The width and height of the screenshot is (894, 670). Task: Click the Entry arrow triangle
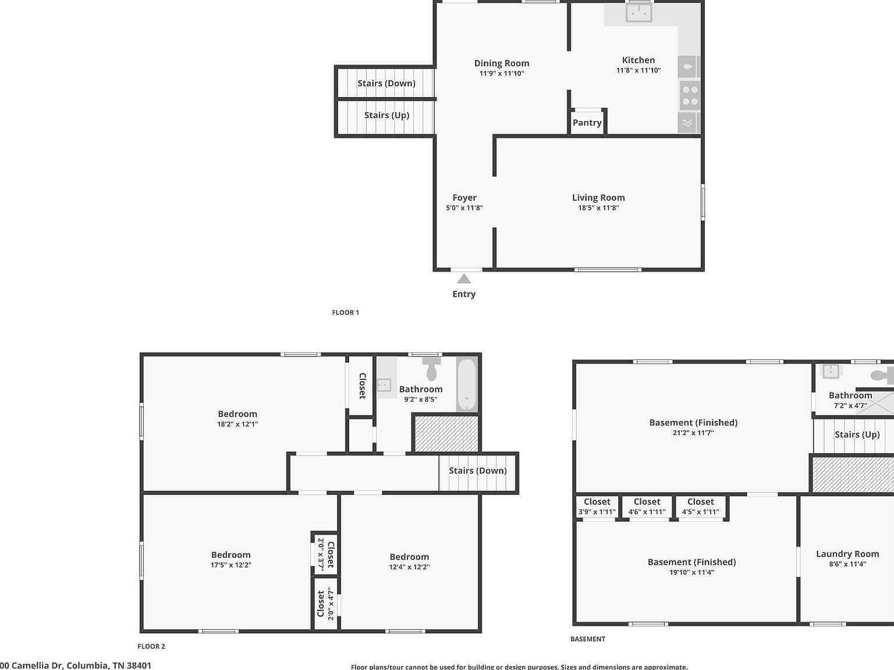[464, 279]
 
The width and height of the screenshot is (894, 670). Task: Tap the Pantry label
[587, 123]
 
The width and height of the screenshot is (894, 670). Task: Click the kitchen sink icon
[638, 12]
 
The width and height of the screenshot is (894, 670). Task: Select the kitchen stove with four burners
[690, 96]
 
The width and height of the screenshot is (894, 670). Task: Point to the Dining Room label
[502, 63]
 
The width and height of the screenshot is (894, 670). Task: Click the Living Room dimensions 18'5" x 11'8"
[598, 208]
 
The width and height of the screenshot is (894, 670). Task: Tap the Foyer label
[464, 198]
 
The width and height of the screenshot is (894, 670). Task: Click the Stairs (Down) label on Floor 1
[386, 83]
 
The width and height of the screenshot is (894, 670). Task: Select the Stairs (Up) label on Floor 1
[387, 115]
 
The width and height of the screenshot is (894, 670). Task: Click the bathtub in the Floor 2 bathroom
[467, 384]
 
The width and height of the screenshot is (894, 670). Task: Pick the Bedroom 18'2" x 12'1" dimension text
[237, 424]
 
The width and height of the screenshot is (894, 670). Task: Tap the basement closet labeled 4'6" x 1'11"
[647, 506]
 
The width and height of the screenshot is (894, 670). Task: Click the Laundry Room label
[847, 554]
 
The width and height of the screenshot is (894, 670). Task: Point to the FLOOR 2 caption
[151, 646]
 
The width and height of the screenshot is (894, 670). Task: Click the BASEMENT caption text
[588, 639]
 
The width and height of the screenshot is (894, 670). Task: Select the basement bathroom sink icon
[830, 371]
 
